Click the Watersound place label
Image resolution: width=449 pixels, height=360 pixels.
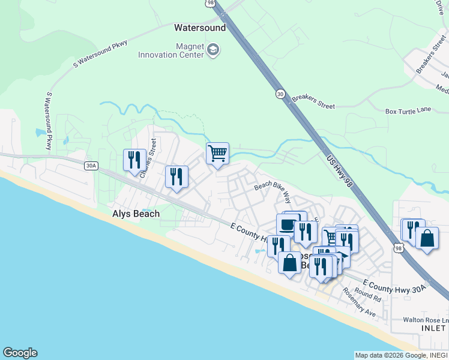pos(200,28)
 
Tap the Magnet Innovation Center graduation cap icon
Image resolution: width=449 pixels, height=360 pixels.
pos(213,50)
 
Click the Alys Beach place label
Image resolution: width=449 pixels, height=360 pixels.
pos(136,214)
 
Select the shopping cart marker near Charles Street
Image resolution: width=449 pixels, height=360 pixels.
pos(217,153)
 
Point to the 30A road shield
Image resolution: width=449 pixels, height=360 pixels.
pos(91,166)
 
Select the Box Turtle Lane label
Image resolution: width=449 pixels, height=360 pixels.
pos(408,111)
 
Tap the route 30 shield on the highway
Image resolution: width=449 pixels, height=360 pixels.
pos(280,94)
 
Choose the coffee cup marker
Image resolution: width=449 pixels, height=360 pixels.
pos(287,226)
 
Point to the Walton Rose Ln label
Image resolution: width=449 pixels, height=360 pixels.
pos(424,319)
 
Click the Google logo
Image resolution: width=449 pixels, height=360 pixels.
pos(20,353)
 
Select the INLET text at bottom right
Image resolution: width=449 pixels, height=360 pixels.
pos(433,328)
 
